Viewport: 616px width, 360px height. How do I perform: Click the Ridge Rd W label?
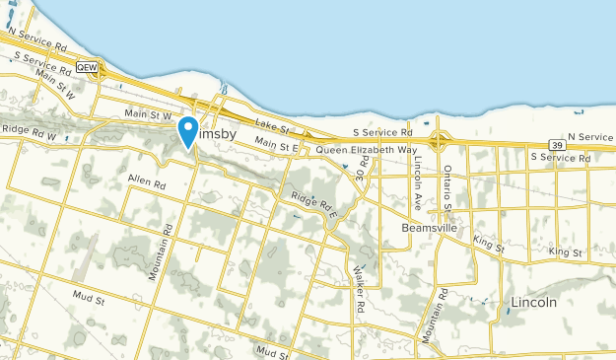[x=30, y=129]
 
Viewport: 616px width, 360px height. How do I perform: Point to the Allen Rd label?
[x=147, y=181]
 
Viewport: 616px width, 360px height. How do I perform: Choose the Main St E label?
[x=276, y=144]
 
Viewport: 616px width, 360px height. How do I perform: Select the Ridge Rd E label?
[x=314, y=201]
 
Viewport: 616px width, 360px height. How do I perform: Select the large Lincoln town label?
[x=532, y=302]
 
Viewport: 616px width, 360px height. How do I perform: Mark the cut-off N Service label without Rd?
[x=589, y=136]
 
